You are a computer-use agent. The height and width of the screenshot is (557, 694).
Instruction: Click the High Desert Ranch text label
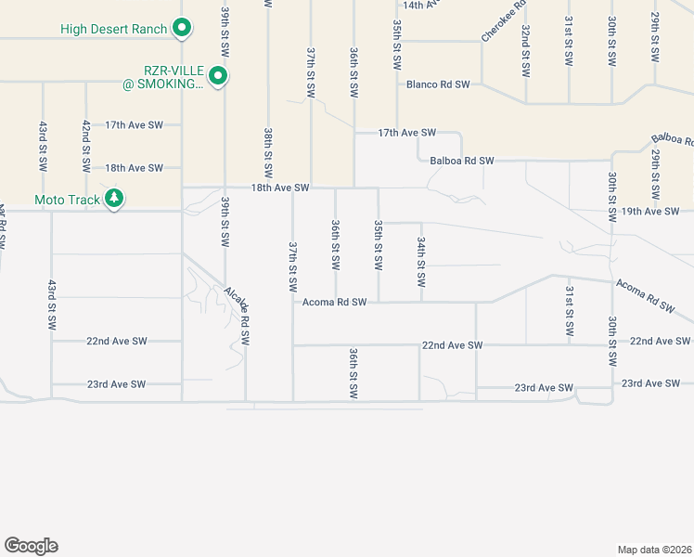click(x=113, y=29)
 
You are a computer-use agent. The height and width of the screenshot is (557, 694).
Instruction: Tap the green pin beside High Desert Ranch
click(x=183, y=29)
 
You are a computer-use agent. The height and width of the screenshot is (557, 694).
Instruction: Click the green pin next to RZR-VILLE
click(x=219, y=75)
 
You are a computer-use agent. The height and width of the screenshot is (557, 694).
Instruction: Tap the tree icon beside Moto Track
click(x=114, y=199)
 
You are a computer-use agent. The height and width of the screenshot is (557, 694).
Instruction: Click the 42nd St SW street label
click(x=85, y=146)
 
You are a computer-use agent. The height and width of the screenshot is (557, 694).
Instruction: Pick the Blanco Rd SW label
click(x=438, y=84)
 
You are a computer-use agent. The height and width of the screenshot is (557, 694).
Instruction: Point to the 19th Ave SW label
click(x=651, y=212)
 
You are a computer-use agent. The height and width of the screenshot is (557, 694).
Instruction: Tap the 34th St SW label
click(x=421, y=252)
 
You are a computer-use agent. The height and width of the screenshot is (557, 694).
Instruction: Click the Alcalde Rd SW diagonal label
click(x=238, y=316)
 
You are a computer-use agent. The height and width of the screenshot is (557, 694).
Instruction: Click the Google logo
click(x=31, y=546)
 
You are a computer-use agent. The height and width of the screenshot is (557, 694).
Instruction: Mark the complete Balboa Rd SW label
click(x=462, y=161)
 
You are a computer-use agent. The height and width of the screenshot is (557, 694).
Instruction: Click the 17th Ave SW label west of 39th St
click(x=134, y=124)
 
